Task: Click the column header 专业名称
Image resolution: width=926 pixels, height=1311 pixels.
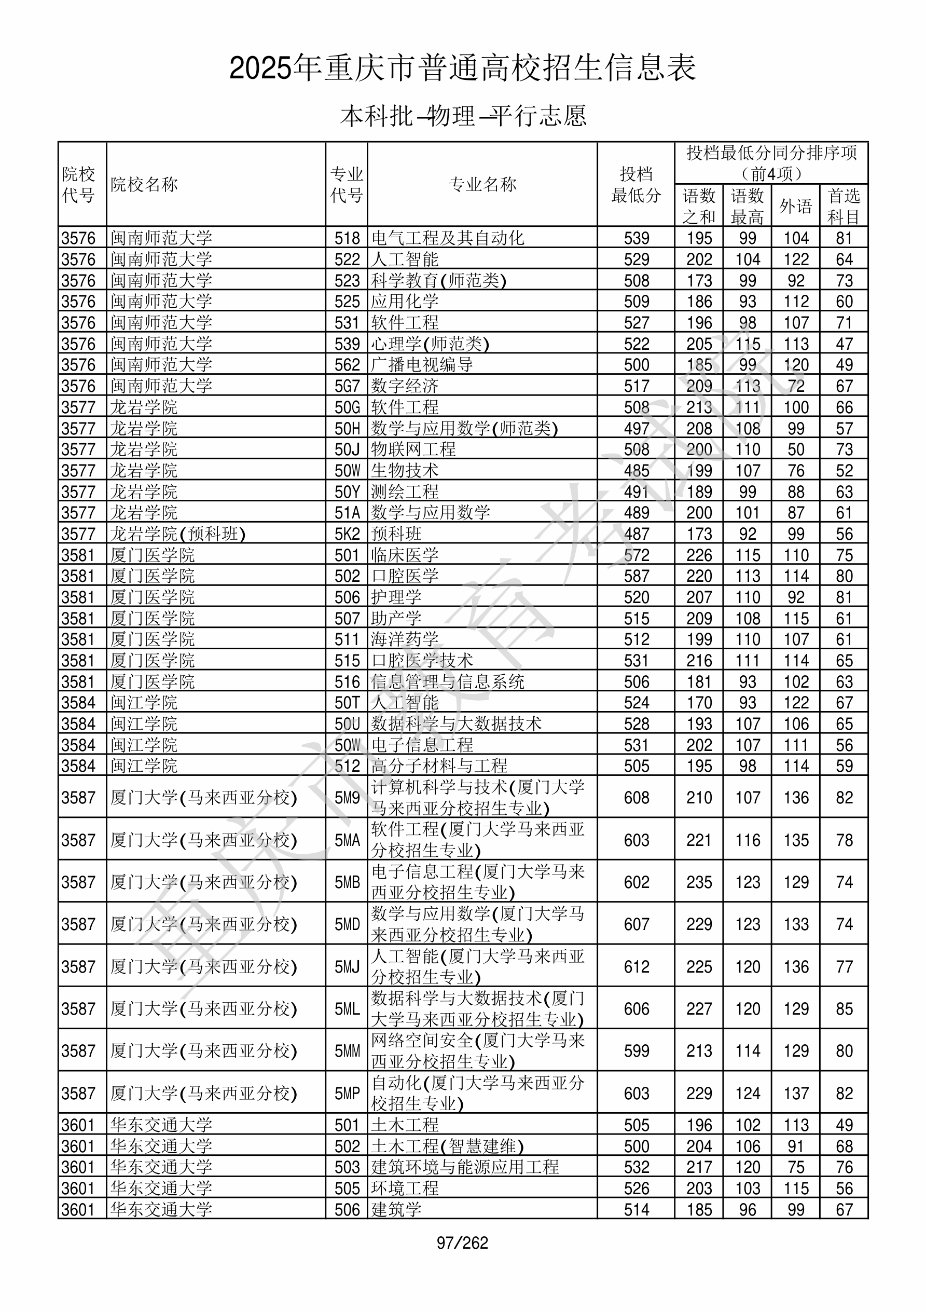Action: click(482, 184)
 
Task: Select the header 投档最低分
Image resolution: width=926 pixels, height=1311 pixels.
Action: click(636, 184)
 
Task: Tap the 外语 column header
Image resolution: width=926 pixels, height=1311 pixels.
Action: click(795, 206)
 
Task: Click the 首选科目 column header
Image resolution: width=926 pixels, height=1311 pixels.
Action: click(844, 206)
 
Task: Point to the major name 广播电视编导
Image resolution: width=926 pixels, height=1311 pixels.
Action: click(422, 365)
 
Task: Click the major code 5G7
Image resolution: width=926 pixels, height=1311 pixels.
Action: click(347, 386)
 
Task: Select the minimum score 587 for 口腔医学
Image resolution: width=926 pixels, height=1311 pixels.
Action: click(637, 576)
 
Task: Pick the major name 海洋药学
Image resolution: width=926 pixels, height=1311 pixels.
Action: click(405, 639)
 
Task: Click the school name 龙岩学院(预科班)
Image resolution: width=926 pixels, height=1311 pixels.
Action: click(177, 534)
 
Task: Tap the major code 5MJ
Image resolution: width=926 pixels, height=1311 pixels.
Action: click(347, 967)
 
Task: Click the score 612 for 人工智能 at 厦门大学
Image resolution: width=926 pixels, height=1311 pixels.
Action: click(637, 967)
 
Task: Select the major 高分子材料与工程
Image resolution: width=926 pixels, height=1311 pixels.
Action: click(439, 766)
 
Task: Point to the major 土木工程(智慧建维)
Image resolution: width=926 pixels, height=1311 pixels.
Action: click(447, 1146)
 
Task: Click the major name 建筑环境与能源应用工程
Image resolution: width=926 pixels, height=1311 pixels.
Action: click(465, 1167)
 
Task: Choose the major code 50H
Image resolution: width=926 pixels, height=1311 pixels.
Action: click(347, 428)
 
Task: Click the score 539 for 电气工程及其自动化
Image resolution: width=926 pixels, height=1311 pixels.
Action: click(637, 238)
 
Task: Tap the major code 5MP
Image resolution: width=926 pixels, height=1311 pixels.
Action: click(347, 1094)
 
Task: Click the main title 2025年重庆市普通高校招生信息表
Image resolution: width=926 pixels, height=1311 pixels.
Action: click(462, 68)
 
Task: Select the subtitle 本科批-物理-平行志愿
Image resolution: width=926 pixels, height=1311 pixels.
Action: click(463, 116)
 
